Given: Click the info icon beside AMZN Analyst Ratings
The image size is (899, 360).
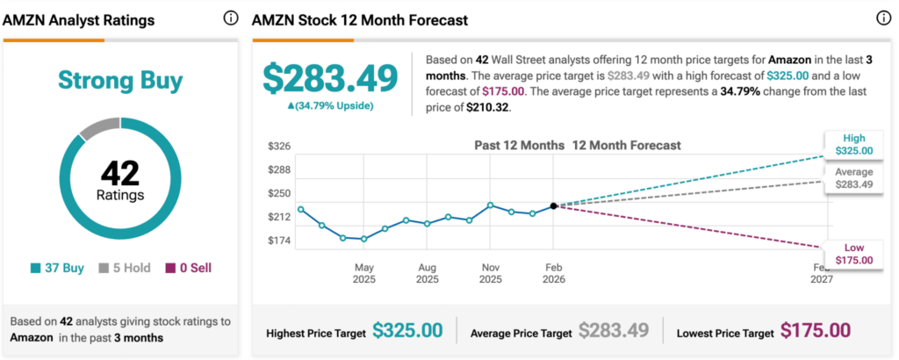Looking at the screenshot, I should click(231, 18).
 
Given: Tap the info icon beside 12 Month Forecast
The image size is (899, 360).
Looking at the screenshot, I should click(883, 18).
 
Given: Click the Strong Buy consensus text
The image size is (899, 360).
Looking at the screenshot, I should click(120, 82).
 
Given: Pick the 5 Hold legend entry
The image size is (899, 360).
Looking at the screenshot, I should click(126, 268).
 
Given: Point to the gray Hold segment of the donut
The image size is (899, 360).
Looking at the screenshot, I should click(96, 126).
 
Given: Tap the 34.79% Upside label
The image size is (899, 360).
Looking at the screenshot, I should click(332, 105).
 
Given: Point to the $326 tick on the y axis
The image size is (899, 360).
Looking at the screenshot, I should click(279, 146).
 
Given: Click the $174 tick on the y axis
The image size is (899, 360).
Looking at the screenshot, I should click(279, 241).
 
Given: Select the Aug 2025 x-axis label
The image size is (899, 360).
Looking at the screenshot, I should click(428, 273).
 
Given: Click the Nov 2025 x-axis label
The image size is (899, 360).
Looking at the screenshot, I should click(491, 273).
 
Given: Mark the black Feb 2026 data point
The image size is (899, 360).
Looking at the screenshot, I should click(553, 206).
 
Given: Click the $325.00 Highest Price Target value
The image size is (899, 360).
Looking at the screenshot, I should click(407, 331).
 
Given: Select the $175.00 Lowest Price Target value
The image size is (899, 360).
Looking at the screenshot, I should click(816, 331).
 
